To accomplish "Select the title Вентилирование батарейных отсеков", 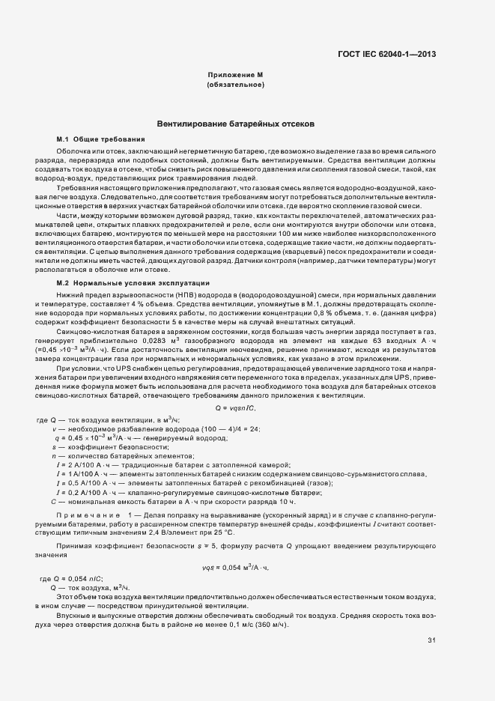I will (235, 124).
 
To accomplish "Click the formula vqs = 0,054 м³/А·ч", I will (235, 568).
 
